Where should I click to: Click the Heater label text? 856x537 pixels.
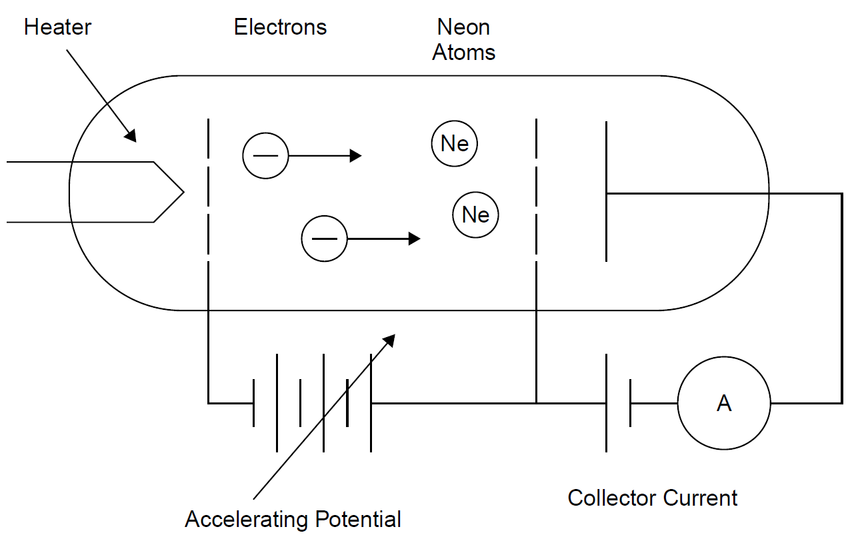pos(57,28)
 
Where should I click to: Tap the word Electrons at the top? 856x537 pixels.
pos(280,28)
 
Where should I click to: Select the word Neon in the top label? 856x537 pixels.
pos(463,28)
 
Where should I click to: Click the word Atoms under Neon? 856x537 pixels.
pos(463,53)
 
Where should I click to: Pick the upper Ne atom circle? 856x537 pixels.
pos(454,143)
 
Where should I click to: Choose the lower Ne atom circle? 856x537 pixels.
pos(475,215)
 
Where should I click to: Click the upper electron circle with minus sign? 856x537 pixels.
pos(265,156)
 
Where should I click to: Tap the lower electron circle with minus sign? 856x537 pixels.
pos(324,239)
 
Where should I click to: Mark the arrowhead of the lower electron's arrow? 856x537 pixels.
pos(415,239)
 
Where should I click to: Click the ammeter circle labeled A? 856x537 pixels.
pos(724,403)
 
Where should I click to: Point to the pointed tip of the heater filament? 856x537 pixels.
pos(182,193)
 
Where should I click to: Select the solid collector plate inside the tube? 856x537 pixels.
pos(606,192)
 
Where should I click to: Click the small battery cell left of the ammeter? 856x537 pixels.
pos(618,403)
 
